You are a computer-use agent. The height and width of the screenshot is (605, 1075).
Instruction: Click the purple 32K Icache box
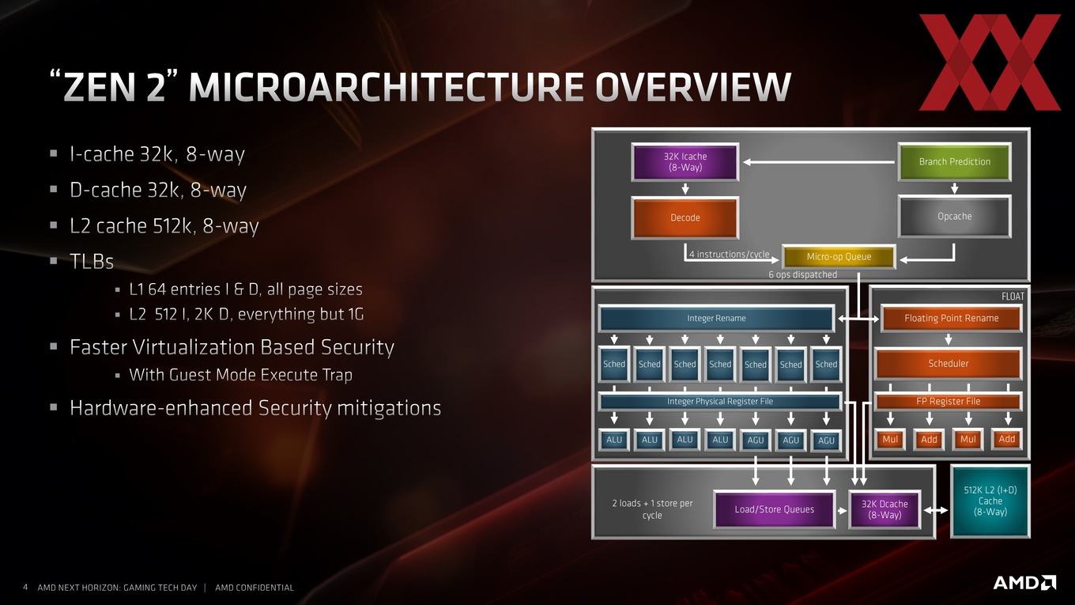(685, 162)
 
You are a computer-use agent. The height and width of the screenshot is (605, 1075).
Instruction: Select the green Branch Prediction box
(955, 162)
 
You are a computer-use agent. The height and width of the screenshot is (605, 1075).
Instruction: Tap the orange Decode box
(685, 217)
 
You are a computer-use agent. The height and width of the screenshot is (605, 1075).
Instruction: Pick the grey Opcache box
(955, 216)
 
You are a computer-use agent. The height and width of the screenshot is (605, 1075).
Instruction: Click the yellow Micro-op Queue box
(839, 257)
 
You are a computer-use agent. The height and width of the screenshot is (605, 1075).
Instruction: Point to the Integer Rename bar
(716, 319)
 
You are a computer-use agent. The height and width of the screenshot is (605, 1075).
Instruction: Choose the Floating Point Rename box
(951, 319)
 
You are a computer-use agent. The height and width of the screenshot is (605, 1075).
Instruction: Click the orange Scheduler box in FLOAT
(949, 364)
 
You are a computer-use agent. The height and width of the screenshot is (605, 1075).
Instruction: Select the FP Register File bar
(949, 402)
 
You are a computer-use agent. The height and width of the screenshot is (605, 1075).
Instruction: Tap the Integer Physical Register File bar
(720, 402)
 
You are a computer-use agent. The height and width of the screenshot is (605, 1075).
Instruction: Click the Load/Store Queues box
(775, 509)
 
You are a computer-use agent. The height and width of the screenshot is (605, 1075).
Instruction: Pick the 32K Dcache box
(885, 509)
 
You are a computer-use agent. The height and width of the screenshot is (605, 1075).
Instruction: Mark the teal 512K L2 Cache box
(990, 501)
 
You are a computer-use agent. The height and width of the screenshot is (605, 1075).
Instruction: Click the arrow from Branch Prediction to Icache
(819, 162)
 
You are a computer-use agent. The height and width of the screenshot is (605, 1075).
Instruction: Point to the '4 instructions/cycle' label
(729, 254)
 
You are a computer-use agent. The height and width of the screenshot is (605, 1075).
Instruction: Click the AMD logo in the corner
(1024, 582)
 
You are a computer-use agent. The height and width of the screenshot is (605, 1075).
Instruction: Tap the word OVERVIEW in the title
(693, 87)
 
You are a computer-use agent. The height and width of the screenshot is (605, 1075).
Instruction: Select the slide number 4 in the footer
(25, 588)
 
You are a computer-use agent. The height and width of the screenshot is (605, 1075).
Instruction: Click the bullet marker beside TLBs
(53, 261)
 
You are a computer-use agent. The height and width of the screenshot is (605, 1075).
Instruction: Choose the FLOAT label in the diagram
(1013, 297)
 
